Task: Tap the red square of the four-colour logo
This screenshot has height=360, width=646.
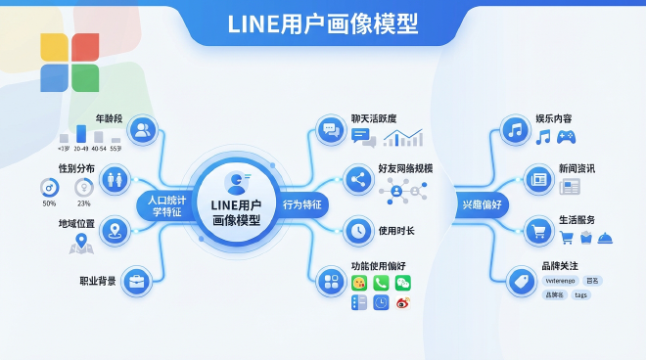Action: point(85,47)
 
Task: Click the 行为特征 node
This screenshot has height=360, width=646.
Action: point(302,205)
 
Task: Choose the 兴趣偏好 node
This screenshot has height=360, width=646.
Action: point(482,205)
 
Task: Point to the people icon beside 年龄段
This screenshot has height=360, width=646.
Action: point(144,129)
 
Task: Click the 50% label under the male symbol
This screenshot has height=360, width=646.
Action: point(49,203)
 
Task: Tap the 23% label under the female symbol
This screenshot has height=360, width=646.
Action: point(84,203)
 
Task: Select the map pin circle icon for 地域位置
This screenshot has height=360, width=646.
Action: point(115,232)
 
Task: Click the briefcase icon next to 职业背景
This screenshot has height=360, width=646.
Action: point(136,282)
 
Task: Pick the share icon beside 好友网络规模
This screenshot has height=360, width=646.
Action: point(356,180)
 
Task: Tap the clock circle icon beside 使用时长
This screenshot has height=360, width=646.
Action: point(356,231)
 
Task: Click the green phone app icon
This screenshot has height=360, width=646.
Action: point(381,283)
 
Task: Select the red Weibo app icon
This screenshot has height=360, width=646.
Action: point(403,303)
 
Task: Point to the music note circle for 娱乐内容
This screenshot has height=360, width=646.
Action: point(514,130)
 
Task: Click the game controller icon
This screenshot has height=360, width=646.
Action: point(566,137)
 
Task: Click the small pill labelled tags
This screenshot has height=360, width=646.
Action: point(582,294)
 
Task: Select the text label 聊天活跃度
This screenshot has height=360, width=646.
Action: point(376,118)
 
